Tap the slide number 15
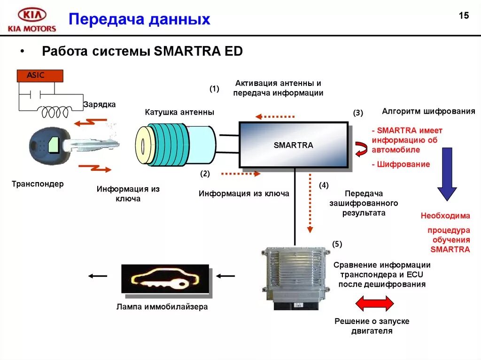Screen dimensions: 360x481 (464, 16)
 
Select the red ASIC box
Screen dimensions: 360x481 (39, 76)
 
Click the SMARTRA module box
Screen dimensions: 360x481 (294, 145)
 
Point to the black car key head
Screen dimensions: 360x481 (45, 144)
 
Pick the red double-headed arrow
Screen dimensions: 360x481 (374, 303)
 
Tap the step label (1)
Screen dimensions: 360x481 (214, 89)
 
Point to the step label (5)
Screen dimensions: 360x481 (337, 244)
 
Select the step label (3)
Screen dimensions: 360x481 (358, 113)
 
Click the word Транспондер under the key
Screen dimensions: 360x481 (38, 184)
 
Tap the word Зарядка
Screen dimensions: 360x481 (99, 104)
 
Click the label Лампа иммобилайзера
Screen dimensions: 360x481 (162, 307)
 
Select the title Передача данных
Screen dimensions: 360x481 (140, 19)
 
